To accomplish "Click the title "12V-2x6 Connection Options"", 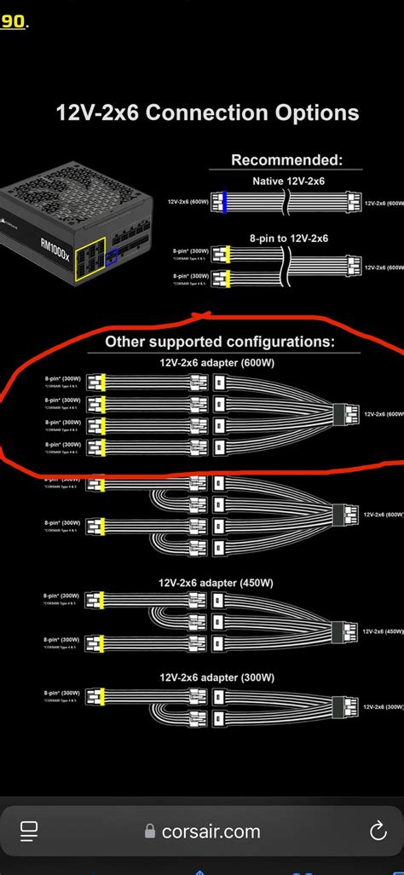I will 207,112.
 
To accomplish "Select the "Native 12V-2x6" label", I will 288,181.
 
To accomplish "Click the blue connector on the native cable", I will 223,202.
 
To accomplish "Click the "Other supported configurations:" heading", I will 220,342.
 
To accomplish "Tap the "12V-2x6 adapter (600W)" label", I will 216,362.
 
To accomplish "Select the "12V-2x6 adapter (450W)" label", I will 216,583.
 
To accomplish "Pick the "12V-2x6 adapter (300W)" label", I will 216,677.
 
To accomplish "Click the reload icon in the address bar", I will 377,832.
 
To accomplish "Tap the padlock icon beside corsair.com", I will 150,832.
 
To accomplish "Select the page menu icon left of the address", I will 28,832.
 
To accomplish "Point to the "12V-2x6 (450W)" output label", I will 384,632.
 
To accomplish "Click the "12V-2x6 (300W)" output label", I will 384,706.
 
